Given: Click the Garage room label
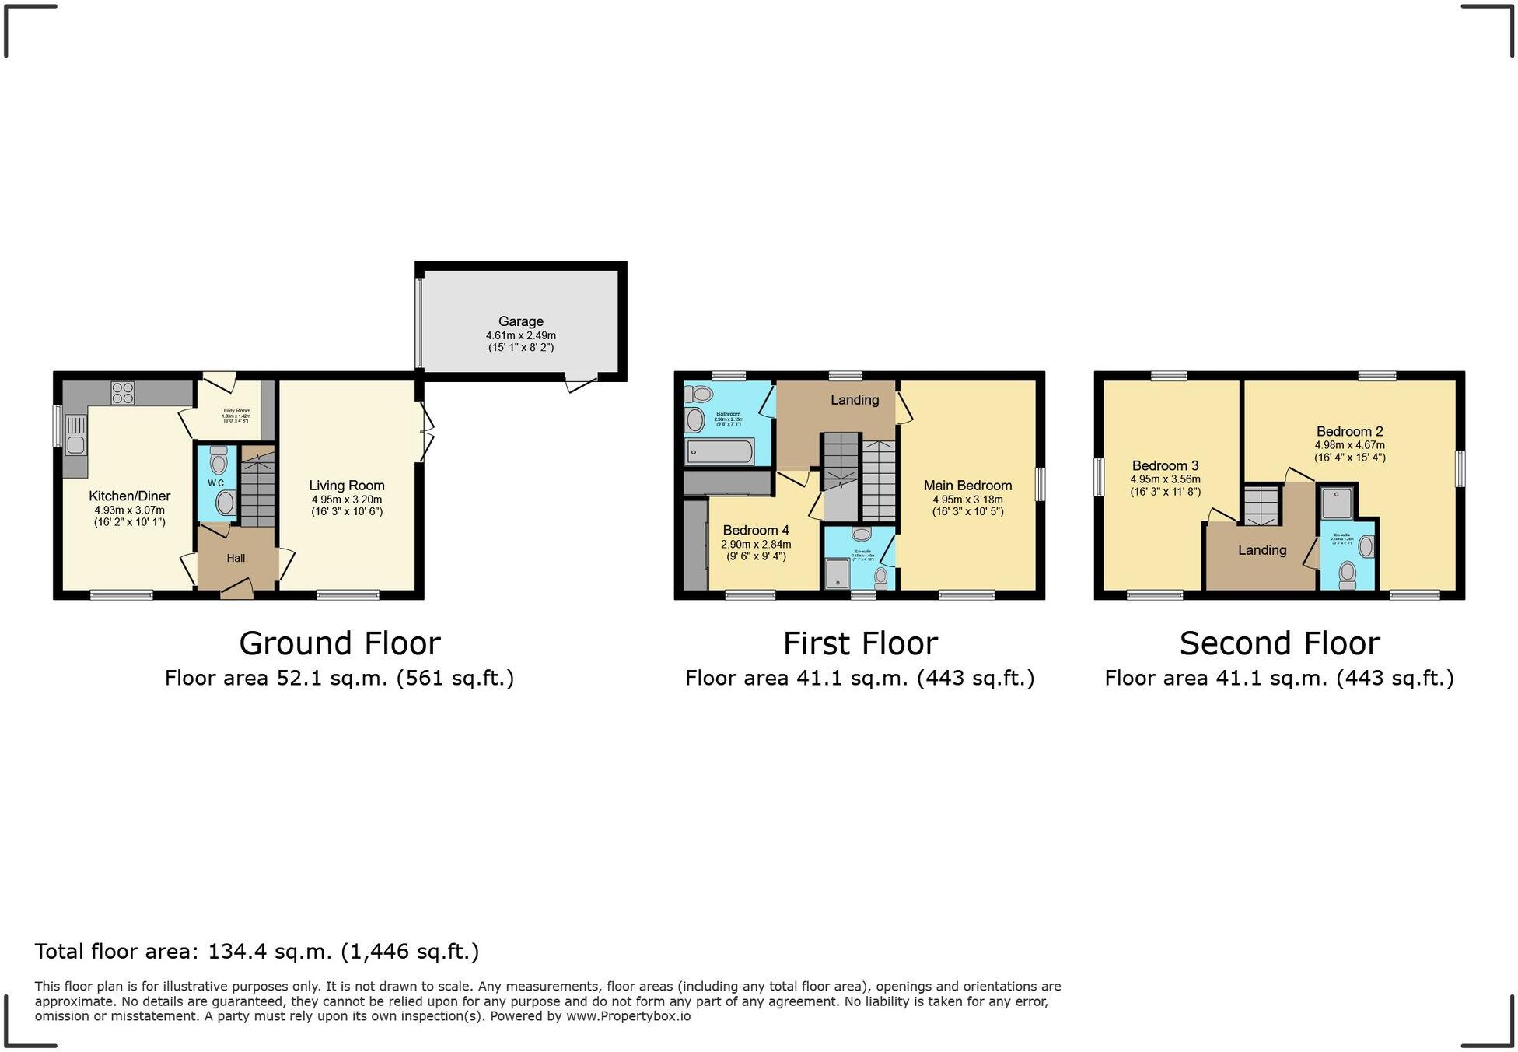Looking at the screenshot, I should (x=520, y=321).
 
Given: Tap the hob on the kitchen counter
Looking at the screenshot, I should (x=122, y=392).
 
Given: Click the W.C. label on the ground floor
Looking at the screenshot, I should (x=216, y=483).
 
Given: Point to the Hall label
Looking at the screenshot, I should (x=236, y=558).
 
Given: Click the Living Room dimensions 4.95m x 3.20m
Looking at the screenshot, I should (x=346, y=500).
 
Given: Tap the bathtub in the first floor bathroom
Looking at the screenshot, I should (x=719, y=451).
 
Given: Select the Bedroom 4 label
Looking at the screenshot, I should (x=755, y=531).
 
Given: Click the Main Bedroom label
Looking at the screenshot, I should (x=967, y=486).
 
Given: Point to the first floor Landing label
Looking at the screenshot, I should (x=854, y=400).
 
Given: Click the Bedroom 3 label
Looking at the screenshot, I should (x=1165, y=466).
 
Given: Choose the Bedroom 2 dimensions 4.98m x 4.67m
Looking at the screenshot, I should (x=1349, y=445).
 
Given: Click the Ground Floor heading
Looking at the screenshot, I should (x=339, y=643).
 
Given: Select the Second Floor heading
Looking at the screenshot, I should (x=1279, y=643).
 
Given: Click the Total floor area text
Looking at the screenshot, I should (x=257, y=951).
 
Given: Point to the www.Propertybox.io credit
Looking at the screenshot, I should (x=628, y=1015).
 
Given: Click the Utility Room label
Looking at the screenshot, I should (x=235, y=410).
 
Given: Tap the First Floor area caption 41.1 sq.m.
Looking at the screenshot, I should (x=859, y=679).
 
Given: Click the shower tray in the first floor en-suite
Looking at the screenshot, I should (x=837, y=574).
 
